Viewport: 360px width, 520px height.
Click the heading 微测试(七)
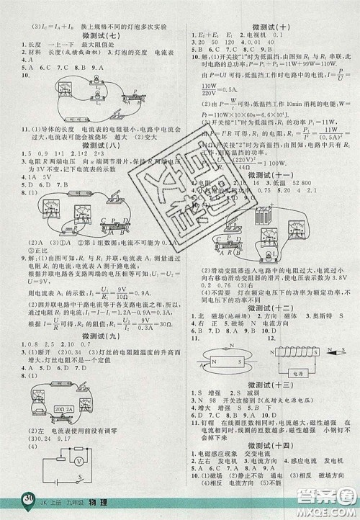(94, 35)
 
